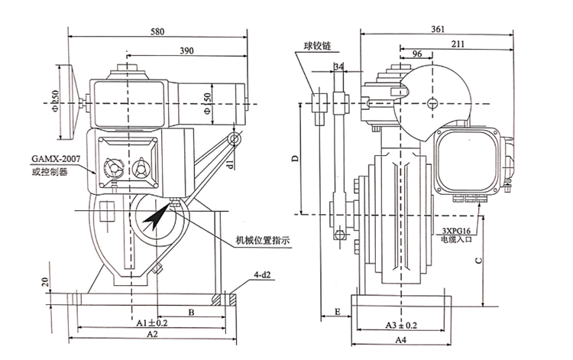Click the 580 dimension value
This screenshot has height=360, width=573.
(157, 31)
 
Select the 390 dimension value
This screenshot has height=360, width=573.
(186, 50)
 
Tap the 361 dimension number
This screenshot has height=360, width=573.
(438, 29)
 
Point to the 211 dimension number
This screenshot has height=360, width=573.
(458, 44)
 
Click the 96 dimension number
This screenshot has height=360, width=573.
(417, 54)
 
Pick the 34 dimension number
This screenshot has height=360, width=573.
(338, 66)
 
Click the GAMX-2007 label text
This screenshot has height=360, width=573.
(56, 159)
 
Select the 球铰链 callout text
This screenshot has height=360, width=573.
(317, 46)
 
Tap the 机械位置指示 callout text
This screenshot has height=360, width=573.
(263, 241)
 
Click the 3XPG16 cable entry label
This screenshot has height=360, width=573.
(456, 231)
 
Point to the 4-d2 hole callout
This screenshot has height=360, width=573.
(263, 274)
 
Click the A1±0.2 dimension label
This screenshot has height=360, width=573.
(152, 323)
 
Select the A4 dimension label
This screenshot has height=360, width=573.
(401, 340)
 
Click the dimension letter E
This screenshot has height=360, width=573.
(338, 312)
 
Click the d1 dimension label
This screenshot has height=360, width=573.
(230, 164)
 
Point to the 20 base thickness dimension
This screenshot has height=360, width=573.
(45, 282)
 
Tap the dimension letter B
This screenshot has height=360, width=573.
(191, 312)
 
